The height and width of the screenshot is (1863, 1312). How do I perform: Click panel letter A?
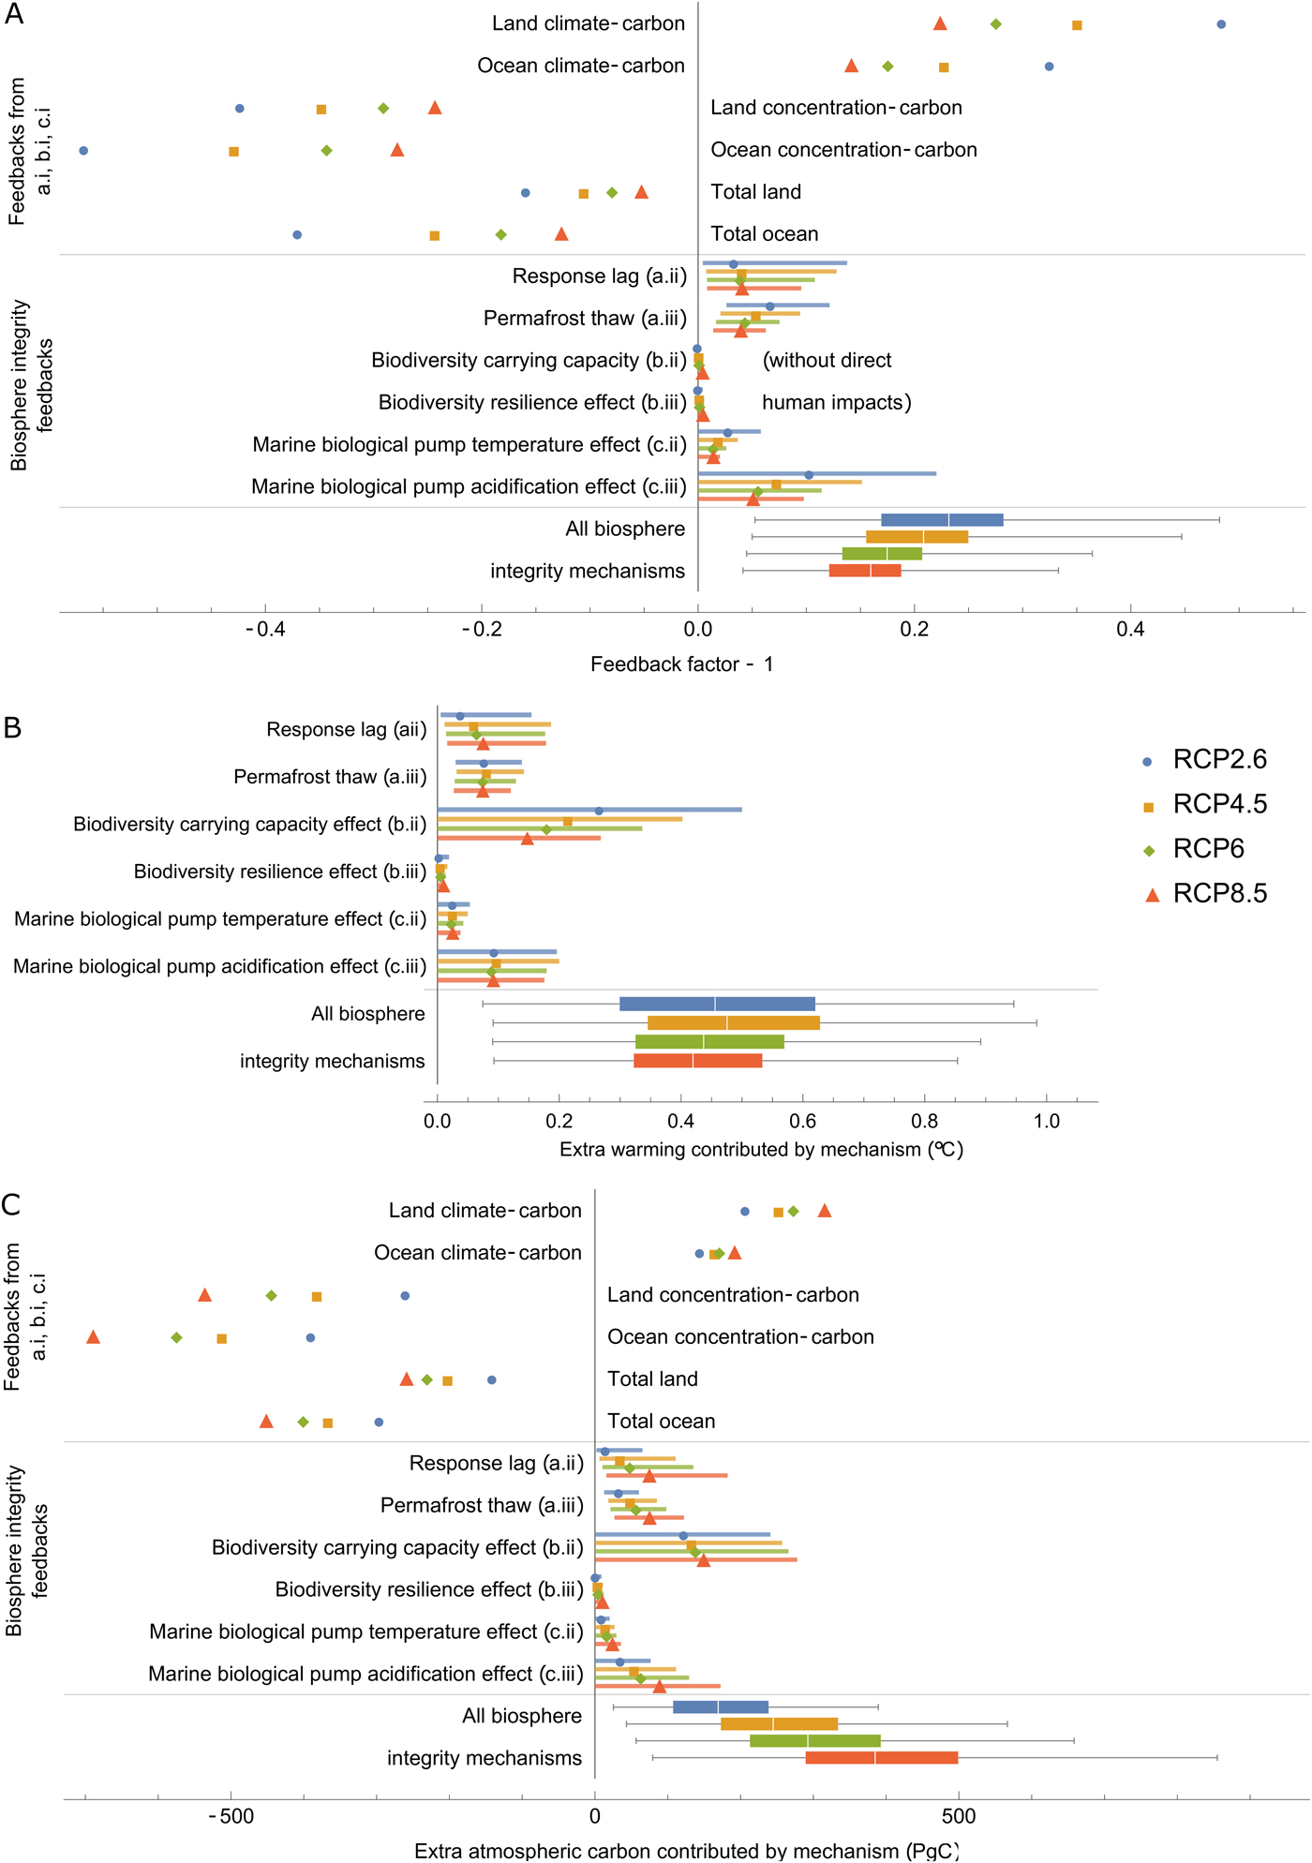(14, 14)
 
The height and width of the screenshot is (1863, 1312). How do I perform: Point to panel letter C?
(11, 1204)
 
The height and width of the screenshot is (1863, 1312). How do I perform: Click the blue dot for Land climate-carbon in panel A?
(1221, 24)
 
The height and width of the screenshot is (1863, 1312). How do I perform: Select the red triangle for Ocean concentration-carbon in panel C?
(93, 1336)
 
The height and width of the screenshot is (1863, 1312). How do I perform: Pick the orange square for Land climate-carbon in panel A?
(1077, 25)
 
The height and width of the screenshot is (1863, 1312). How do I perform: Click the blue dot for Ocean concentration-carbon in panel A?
(83, 150)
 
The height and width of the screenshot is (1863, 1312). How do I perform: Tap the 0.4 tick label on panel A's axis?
(1130, 630)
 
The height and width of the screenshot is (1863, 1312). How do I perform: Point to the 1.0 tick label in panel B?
(1047, 1122)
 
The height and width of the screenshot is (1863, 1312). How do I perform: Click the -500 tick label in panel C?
(231, 1816)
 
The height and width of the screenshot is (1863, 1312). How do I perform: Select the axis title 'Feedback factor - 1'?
(681, 664)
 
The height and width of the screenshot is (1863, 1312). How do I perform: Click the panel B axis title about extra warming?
(761, 1150)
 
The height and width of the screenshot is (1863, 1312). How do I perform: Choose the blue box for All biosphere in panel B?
(717, 1004)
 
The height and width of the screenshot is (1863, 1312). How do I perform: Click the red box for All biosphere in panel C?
(882, 1758)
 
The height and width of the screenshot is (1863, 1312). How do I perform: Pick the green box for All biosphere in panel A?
(882, 554)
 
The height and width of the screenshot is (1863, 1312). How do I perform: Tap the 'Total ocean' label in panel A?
(764, 234)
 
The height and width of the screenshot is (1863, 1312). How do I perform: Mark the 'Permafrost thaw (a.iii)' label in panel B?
(330, 777)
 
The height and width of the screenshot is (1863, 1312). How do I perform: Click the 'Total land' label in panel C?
(652, 1379)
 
